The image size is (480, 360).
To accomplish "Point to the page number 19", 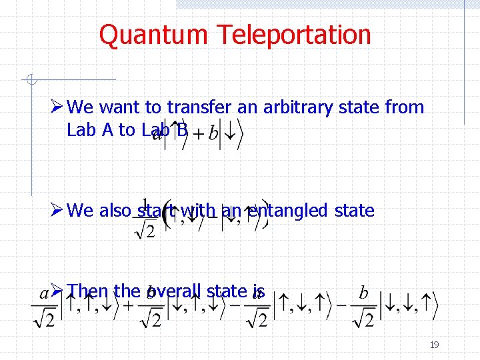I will click(434, 345).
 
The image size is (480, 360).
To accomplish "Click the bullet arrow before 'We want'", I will click(57, 107).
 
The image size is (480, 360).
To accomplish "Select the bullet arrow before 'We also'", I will click(57, 211).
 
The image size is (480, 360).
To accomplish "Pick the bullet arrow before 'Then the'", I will click(57, 291).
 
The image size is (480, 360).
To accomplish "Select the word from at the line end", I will click(404, 107).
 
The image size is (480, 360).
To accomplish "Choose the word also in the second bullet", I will click(116, 211).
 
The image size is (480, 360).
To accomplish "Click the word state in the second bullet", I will click(352, 211).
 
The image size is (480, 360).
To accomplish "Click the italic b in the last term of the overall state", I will click(363, 293).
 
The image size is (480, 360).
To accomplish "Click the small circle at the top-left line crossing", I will click(30, 81).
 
